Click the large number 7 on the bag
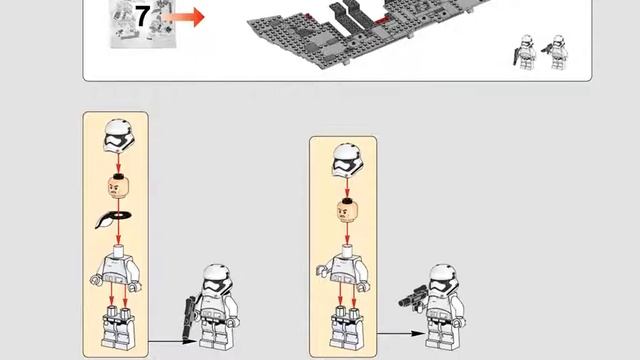pyautogui.click(x=142, y=17)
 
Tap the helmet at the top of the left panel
pyautogui.click(x=119, y=136)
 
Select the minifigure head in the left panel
pyautogui.click(x=118, y=187)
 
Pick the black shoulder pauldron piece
pyautogui.click(x=113, y=219)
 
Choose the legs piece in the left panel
pyautogui.click(x=118, y=327)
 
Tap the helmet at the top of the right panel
pyautogui.click(x=348, y=161)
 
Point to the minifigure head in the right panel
pyautogui.click(x=347, y=211)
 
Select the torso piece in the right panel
pyautogui.click(x=344, y=268)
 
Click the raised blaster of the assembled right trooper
pyautogui.click(x=413, y=298)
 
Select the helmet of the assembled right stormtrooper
pyautogui.click(x=442, y=280)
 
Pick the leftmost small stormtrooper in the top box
pyautogui.click(x=524, y=52)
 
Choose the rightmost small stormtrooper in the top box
pyautogui.click(x=555, y=52)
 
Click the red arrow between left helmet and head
pyautogui.click(x=118, y=163)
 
